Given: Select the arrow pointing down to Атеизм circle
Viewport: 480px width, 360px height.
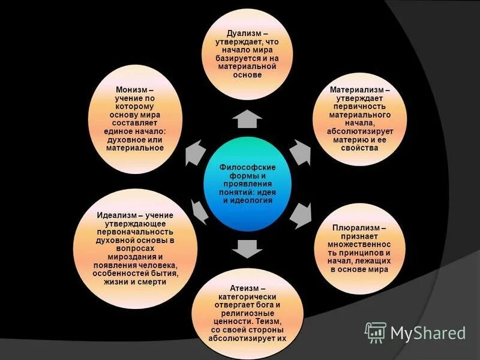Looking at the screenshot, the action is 243,247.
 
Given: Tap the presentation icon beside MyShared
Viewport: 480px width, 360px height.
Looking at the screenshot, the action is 376,332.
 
